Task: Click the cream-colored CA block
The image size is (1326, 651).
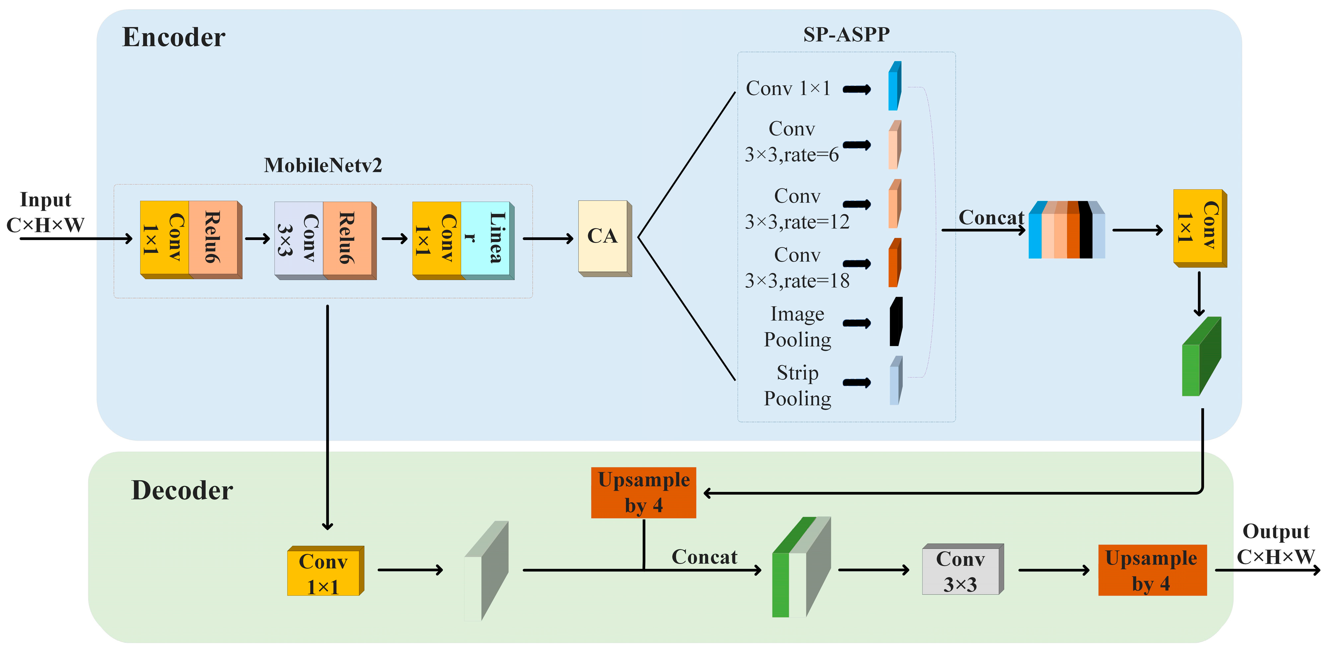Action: click(x=603, y=237)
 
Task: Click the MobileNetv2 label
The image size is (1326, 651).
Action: click(x=323, y=165)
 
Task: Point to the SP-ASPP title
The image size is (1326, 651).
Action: click(x=846, y=34)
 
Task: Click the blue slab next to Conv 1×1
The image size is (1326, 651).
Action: click(x=894, y=87)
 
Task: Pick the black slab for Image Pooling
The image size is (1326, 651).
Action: click(x=896, y=322)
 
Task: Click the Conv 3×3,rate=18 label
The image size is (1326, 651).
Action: click(x=797, y=268)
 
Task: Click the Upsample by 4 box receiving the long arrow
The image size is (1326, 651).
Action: click(x=643, y=492)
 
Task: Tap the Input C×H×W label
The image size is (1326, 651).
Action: click(x=45, y=212)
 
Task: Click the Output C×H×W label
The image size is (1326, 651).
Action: click(x=1276, y=544)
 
